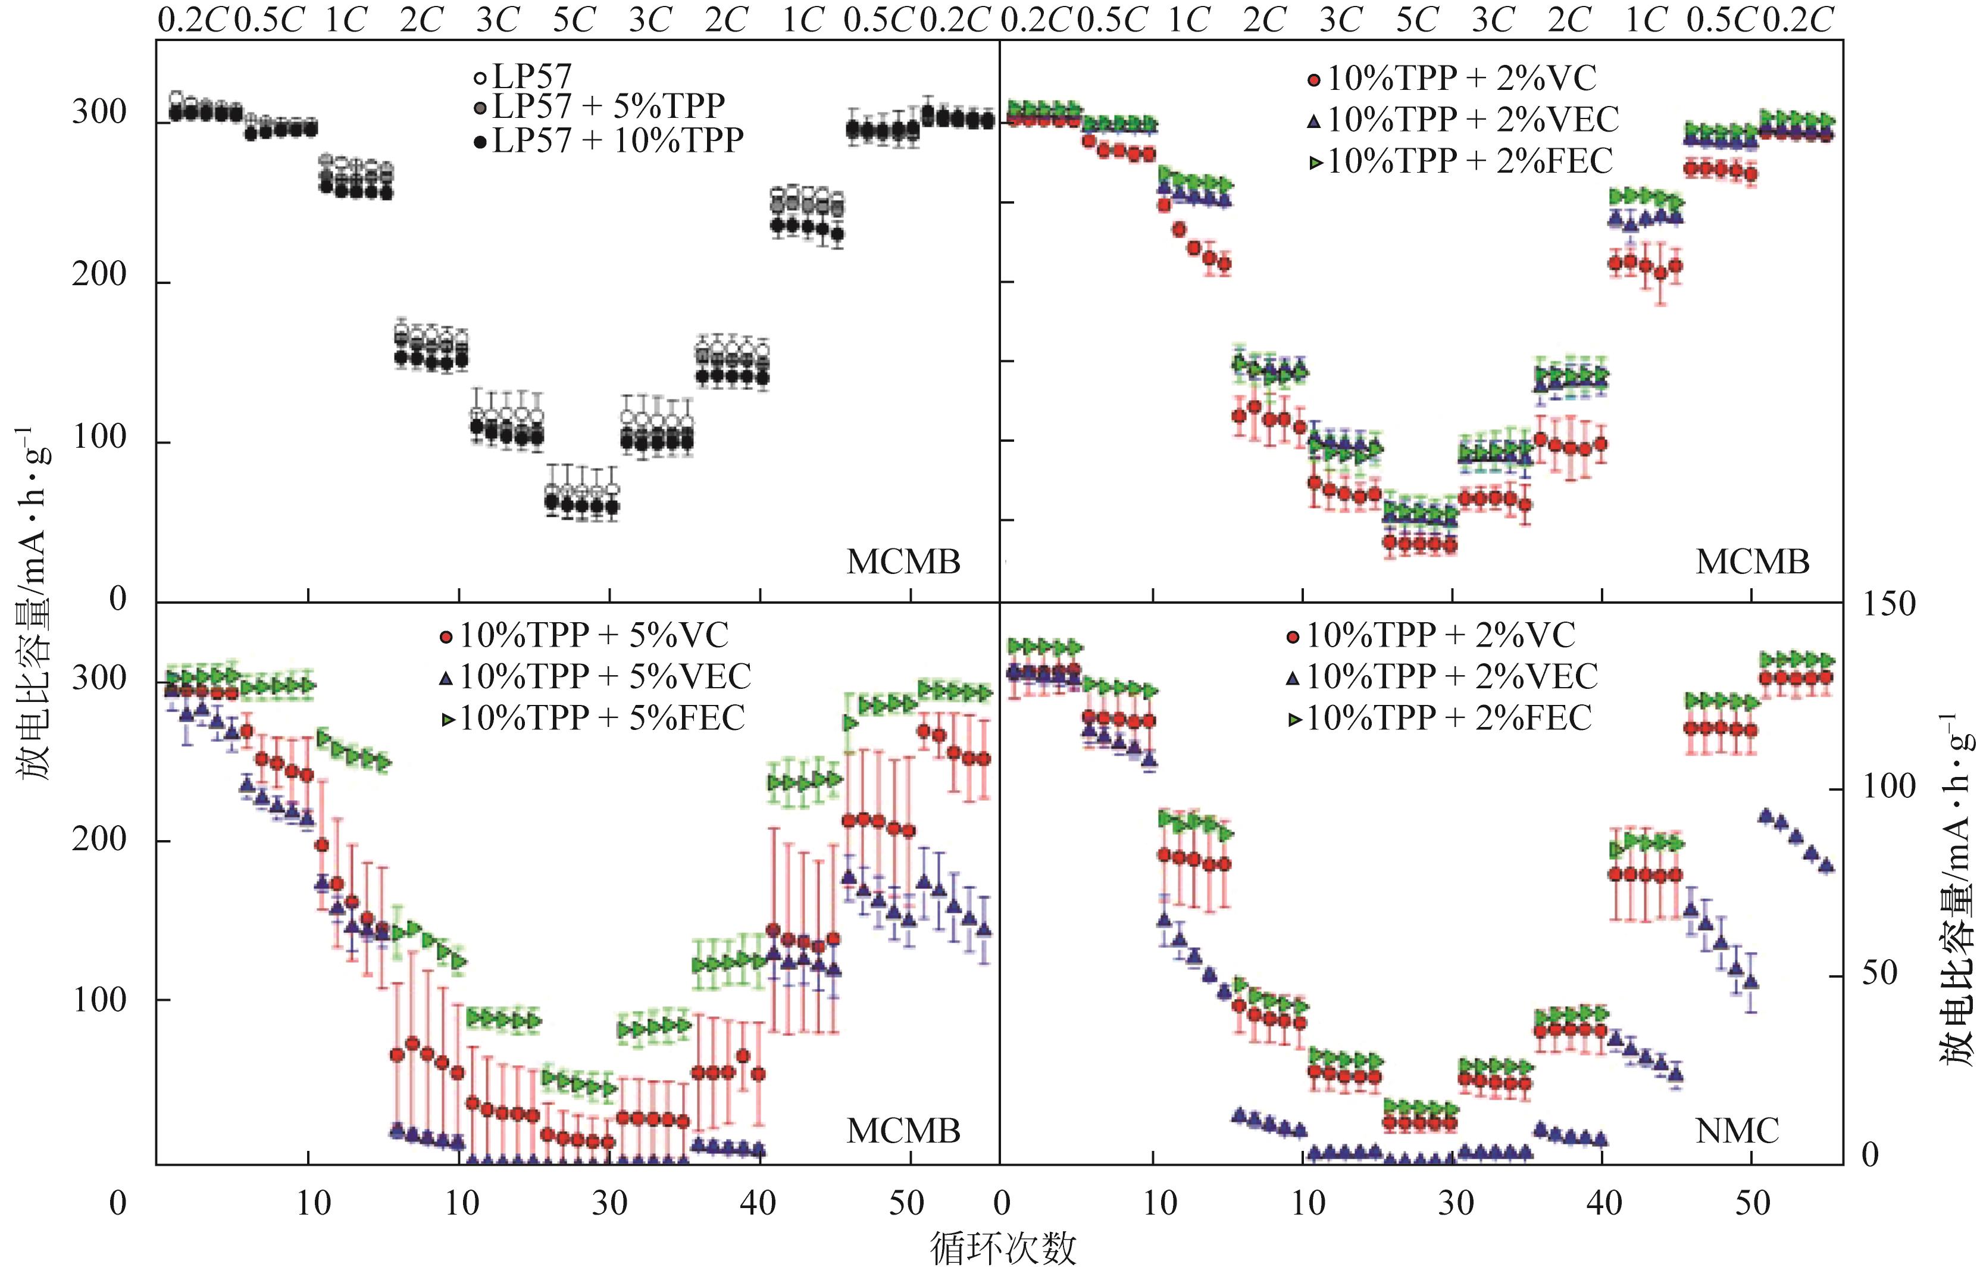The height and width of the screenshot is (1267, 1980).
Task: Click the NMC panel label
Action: tap(1737, 1132)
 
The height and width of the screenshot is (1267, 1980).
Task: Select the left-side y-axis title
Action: tap(33, 605)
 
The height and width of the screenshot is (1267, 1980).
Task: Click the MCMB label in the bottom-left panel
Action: tap(903, 1132)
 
